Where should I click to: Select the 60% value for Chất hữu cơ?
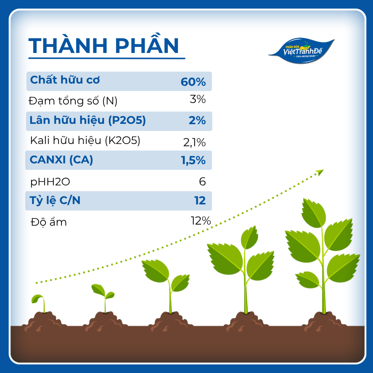pyautogui.click(x=193, y=82)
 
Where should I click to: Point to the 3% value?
pyautogui.click(x=197, y=99)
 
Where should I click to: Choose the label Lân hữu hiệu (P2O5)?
pyautogui.click(x=88, y=120)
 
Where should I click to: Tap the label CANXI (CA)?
pyautogui.click(x=62, y=160)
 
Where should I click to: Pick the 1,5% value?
pyautogui.click(x=193, y=160)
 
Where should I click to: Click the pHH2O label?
pyautogui.click(x=50, y=182)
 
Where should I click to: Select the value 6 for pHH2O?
pyautogui.click(x=202, y=182)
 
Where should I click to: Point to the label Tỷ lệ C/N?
pyautogui.click(x=55, y=200)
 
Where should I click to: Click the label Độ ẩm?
pyautogui.click(x=49, y=222)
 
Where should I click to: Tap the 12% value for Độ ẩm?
pyautogui.click(x=201, y=221)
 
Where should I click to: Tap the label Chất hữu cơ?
pyautogui.click(x=65, y=80)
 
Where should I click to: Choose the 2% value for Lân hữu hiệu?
pyautogui.click(x=197, y=120)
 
